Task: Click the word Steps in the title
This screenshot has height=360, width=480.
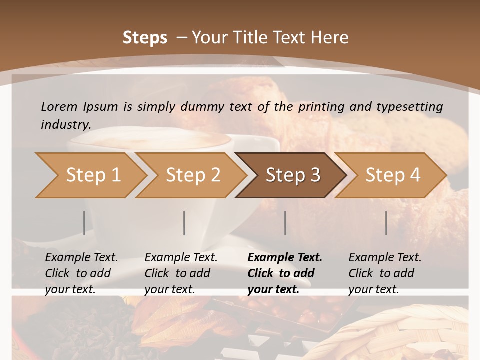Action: (145, 38)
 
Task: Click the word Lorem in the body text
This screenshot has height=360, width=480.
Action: (59, 106)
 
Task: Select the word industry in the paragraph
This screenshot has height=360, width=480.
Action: (65, 124)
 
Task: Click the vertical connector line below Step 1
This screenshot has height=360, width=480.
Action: (84, 223)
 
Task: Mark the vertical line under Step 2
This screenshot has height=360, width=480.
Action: (184, 223)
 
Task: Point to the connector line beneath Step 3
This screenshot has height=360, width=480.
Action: (285, 223)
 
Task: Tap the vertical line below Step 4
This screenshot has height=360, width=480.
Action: (386, 223)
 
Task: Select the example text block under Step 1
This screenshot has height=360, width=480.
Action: (81, 273)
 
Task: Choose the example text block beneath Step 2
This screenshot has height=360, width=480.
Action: (181, 273)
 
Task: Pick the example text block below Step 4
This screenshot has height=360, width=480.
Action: (385, 273)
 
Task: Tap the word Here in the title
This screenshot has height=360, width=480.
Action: (330, 38)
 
